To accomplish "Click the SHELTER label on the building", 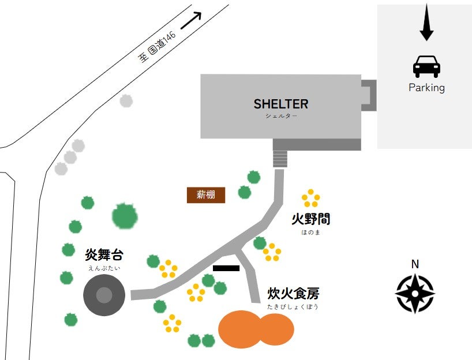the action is coord(281,104).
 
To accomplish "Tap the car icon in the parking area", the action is coord(426,66).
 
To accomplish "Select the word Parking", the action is coord(426,88).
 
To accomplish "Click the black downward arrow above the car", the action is coord(426,22).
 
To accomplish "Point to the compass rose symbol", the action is coord(415,294).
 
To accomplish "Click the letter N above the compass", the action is coord(415,264).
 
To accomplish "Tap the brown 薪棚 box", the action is coord(206,195).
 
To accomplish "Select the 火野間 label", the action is coord(310,219).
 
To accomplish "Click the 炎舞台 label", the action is coord(104,254).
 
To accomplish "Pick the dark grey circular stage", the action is coord(104,295).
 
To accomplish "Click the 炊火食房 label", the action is coord(293,294).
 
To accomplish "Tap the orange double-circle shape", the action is coord(256,329).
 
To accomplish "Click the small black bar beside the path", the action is coord(226,268).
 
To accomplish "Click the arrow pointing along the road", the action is coord(191,20).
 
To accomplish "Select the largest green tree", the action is coord(125,216).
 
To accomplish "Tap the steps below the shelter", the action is coord(280,159).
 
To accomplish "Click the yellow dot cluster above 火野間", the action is coord(310,198).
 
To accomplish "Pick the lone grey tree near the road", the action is coord(126,101).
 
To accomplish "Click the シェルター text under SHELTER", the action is coord(281,116).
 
